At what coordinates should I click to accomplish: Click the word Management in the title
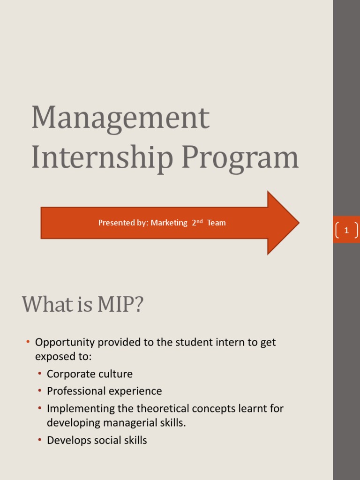click(120, 119)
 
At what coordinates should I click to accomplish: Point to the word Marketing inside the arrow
click(169, 223)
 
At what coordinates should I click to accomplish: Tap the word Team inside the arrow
click(216, 223)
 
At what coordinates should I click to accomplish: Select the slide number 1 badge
click(346, 230)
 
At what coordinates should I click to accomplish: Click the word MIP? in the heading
click(120, 305)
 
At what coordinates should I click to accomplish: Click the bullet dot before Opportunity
click(28, 342)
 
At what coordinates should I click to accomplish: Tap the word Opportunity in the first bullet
click(64, 343)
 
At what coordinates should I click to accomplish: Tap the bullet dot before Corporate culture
click(40, 374)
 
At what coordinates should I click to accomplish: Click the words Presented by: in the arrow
click(123, 223)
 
